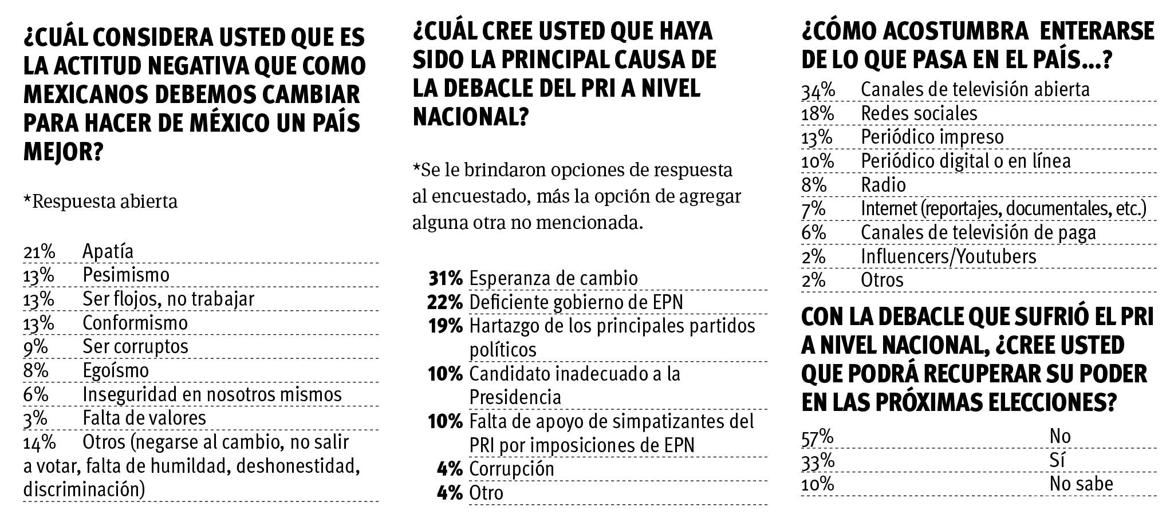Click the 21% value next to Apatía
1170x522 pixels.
click(38, 252)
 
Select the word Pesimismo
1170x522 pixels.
click(126, 275)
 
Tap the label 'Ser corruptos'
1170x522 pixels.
click(135, 347)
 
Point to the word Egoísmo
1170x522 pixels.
click(116, 371)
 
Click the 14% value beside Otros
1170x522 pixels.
click(39, 442)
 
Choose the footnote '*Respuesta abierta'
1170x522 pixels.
click(100, 202)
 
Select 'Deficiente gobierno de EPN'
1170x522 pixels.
click(576, 302)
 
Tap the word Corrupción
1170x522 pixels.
click(511, 469)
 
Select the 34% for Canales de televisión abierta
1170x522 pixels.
click(818, 90)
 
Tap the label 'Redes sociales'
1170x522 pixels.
click(919, 114)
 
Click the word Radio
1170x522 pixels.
click(883, 185)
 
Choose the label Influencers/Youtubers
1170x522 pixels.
click(948, 257)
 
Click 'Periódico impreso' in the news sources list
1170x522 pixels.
click(932, 138)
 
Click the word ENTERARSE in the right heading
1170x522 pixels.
click(1097, 31)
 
